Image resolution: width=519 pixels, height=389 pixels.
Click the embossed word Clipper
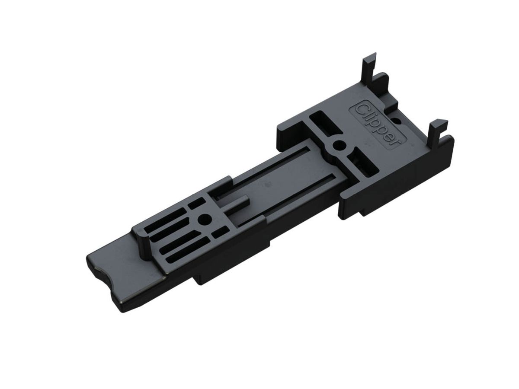[378, 125]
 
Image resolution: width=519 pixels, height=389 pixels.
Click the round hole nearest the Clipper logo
[339, 144]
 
